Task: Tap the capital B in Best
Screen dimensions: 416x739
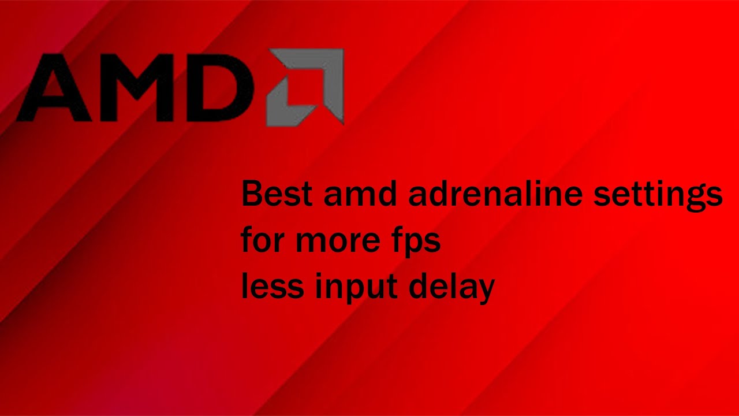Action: tap(252, 194)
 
